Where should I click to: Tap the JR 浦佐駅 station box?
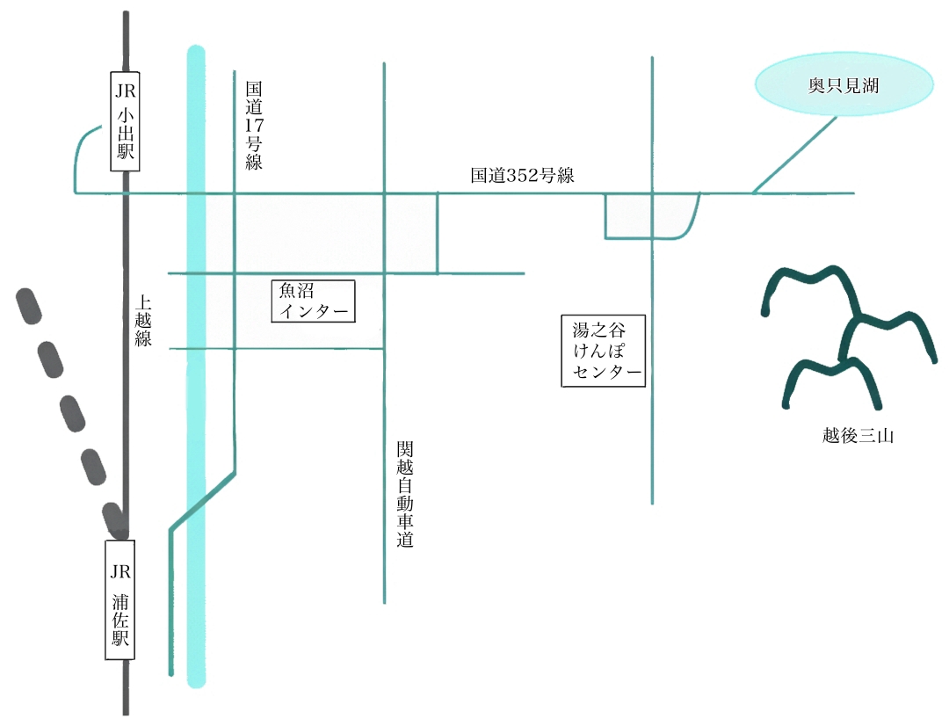[120, 599]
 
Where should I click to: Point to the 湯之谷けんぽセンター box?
[603, 351]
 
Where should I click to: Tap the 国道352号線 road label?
[522, 176]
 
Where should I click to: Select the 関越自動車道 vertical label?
[404, 495]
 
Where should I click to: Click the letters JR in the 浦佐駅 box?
[120, 571]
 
